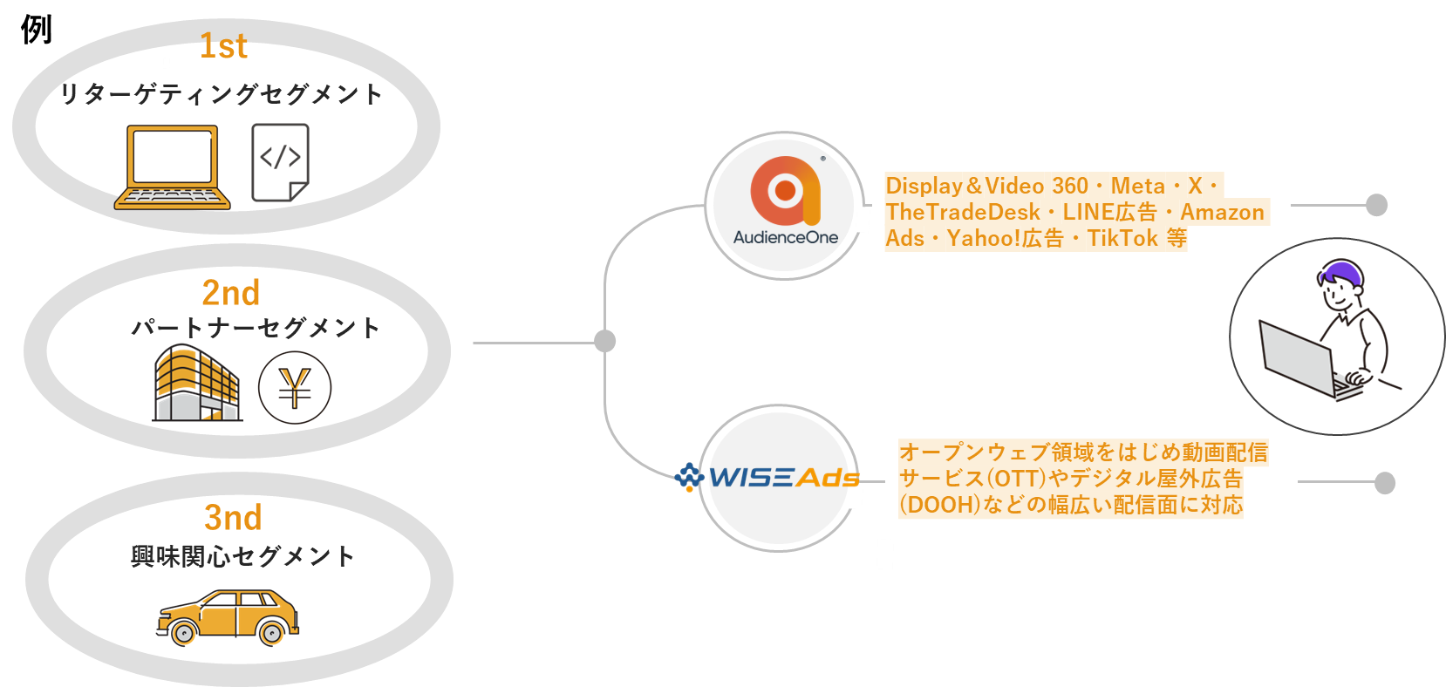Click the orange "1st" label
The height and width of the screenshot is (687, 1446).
pos(223,46)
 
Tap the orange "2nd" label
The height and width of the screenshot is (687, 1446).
pos(231,293)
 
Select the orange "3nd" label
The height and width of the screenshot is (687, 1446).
pos(233,518)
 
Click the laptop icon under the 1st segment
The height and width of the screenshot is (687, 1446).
pos(172,167)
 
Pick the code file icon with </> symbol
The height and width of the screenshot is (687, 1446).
pos(280,162)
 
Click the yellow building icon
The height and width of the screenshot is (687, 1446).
pos(196,384)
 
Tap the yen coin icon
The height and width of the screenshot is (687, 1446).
pos(295,388)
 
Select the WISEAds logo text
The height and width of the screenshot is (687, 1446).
pos(782,478)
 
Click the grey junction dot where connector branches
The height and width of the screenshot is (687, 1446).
pos(604,341)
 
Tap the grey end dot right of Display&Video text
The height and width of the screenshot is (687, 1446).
pos(1376,205)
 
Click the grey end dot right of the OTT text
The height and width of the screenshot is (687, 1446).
pos(1384,482)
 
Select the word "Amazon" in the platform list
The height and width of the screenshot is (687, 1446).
pos(1222,213)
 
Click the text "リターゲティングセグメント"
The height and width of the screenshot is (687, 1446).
pos(222,94)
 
